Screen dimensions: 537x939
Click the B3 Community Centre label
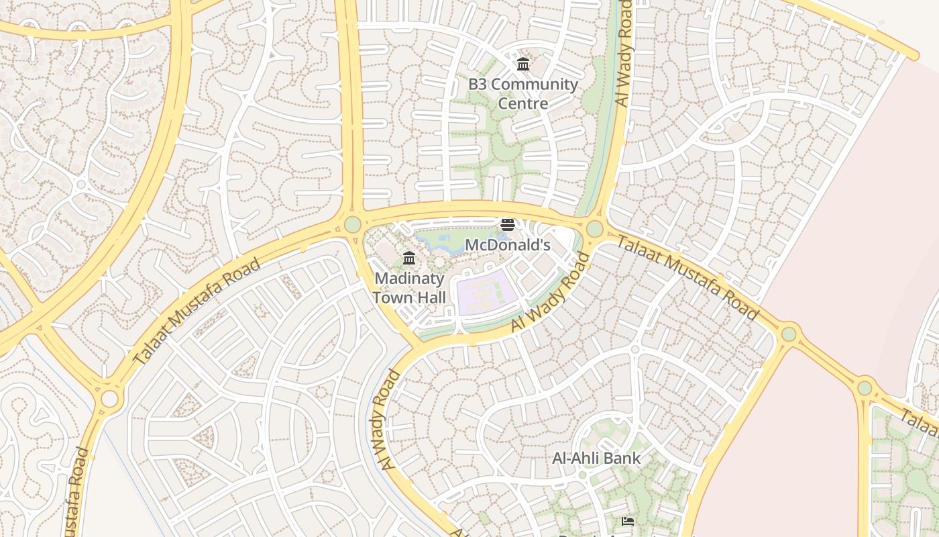click(522, 94)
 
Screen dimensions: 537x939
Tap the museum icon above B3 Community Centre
click(522, 64)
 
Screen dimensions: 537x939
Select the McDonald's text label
click(507, 245)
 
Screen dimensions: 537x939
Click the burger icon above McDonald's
click(508, 225)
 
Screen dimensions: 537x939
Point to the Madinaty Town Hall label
click(409, 287)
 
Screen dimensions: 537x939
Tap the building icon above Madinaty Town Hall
click(409, 258)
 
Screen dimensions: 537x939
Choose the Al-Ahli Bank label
click(596, 458)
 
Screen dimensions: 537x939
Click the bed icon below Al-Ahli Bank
click(628, 521)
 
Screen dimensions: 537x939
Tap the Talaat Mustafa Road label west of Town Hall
click(197, 311)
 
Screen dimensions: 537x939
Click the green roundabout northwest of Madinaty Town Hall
click(353, 224)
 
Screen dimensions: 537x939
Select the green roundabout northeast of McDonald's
click(594, 229)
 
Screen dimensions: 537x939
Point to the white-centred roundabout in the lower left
click(109, 399)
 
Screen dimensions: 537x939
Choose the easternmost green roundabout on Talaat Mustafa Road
click(865, 387)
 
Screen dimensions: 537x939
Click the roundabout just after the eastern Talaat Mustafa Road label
click(789, 334)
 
